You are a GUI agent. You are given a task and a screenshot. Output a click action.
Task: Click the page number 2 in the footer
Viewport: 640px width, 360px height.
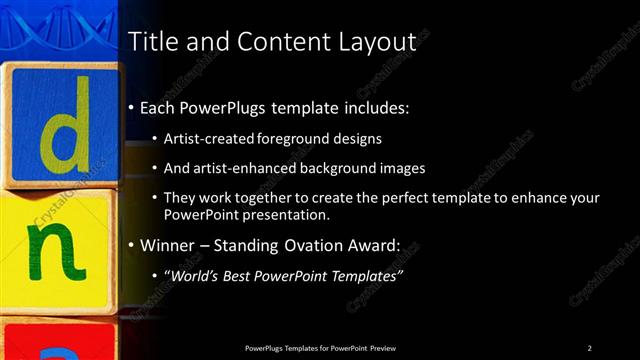tap(590, 348)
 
